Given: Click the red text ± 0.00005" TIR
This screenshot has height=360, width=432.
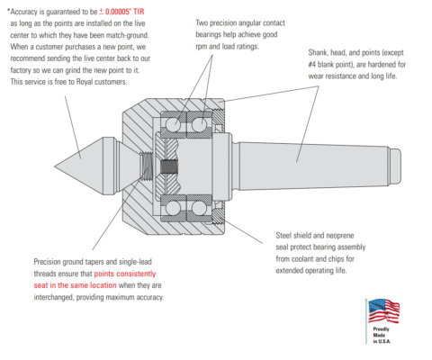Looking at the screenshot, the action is (121, 12).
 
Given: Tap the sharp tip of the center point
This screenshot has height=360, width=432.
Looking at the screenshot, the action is (55, 166).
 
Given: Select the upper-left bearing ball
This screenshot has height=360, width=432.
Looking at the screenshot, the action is (173, 124).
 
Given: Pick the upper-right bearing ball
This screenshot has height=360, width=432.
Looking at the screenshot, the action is (199, 124).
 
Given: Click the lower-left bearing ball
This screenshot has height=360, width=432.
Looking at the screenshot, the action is (173, 208).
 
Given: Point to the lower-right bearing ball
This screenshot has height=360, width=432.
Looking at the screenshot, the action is (199, 208).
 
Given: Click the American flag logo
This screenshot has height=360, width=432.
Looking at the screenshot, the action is (383, 310).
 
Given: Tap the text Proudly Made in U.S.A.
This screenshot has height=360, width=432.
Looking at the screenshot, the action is (382, 335).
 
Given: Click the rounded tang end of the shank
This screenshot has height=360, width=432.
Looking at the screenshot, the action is (395, 166).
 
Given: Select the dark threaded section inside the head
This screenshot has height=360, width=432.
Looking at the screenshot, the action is (169, 166).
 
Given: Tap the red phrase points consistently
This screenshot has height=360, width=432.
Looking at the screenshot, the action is (125, 274).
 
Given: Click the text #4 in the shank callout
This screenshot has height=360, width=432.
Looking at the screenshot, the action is (312, 65).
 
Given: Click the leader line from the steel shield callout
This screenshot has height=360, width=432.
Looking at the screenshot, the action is (243, 231).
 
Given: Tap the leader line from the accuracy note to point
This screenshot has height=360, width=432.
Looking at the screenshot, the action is (73, 128).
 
